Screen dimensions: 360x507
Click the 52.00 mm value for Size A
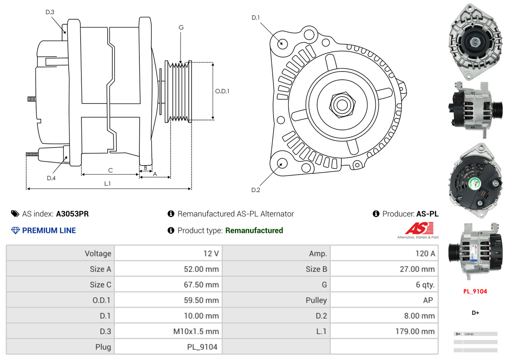pyautogui.click(x=201, y=269)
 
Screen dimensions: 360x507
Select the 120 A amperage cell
pyautogui.click(x=425, y=254)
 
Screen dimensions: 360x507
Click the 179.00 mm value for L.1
pyautogui.click(x=415, y=331)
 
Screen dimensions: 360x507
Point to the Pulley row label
pyautogui.click(x=316, y=300)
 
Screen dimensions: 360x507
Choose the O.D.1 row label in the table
pyautogui.click(x=101, y=300)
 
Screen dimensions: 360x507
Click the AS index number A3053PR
pyautogui.click(x=72, y=214)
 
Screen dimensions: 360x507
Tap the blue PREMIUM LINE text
pyautogui.click(x=49, y=231)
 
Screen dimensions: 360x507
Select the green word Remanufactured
pyautogui.click(x=254, y=231)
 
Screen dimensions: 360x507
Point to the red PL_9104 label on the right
pyautogui.click(x=475, y=291)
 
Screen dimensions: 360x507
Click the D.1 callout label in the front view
pyautogui.click(x=256, y=17)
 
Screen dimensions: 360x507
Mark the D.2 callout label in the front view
pyautogui.click(x=256, y=190)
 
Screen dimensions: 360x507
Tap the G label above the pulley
pyautogui.click(x=181, y=28)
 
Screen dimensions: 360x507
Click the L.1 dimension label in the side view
pyautogui.click(x=107, y=184)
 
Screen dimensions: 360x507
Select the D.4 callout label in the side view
pyautogui.click(x=51, y=178)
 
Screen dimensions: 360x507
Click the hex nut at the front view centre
pyautogui.click(x=340, y=104)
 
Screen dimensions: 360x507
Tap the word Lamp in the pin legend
pyautogui.click(x=469, y=334)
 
